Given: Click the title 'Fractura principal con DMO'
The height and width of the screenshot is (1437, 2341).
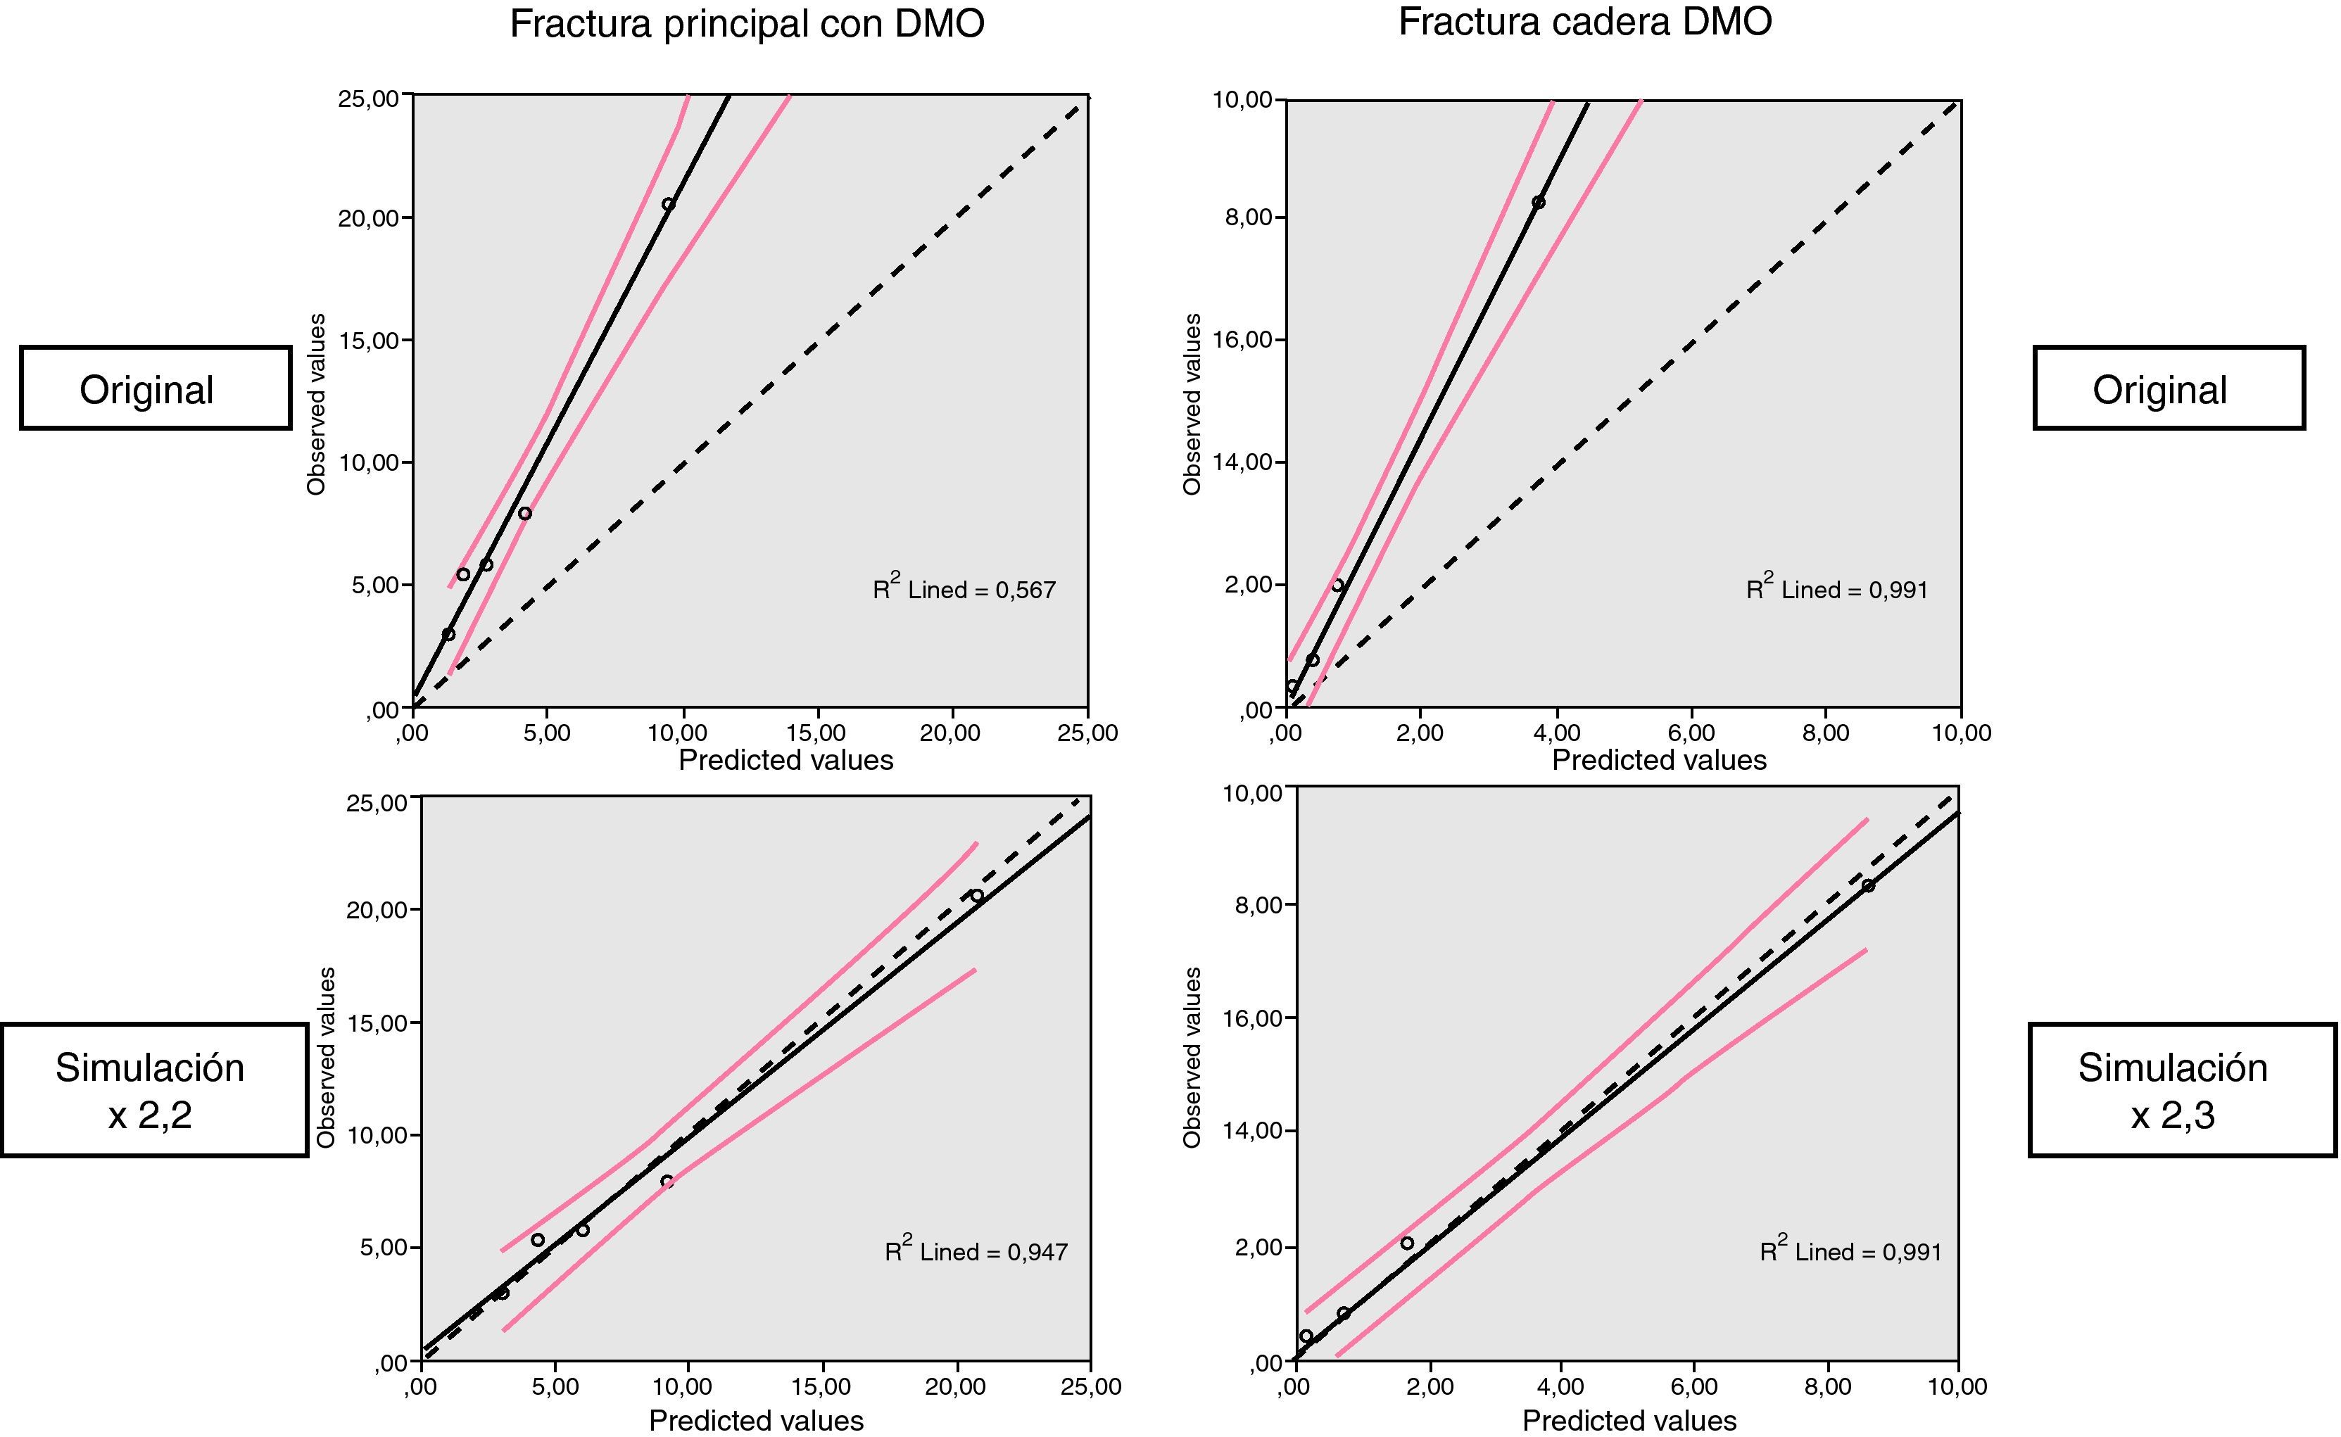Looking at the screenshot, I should point(746,25).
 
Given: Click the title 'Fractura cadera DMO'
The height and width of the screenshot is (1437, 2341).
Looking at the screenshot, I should point(1584,22).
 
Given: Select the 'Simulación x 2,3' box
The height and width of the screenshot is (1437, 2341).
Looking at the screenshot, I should point(2181,1090).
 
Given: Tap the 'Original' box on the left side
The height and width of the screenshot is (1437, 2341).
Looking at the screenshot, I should point(155,388).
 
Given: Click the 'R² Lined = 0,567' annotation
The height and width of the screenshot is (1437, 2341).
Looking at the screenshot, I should point(964,589).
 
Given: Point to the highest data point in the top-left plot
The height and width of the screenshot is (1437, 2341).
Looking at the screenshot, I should point(668,204).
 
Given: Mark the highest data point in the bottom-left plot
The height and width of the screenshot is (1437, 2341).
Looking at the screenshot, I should point(976,895).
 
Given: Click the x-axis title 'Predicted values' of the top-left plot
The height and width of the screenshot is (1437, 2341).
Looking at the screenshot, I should point(785,760).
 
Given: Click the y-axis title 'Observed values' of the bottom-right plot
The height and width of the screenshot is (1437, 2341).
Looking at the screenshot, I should point(1192,1057).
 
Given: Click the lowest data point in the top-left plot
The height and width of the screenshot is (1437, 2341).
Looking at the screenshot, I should point(448,634).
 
